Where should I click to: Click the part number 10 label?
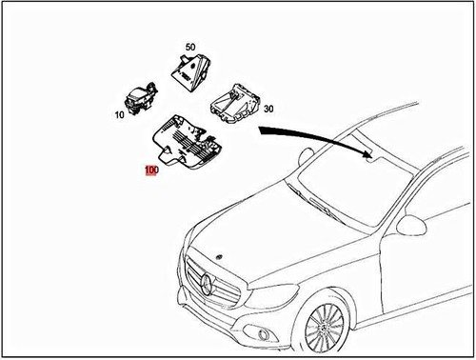tap(121, 115)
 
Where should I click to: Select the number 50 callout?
tap(189, 47)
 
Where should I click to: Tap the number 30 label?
tap(269, 110)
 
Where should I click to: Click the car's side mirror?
tap(411, 226)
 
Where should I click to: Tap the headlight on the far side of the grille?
tap(185, 256)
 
